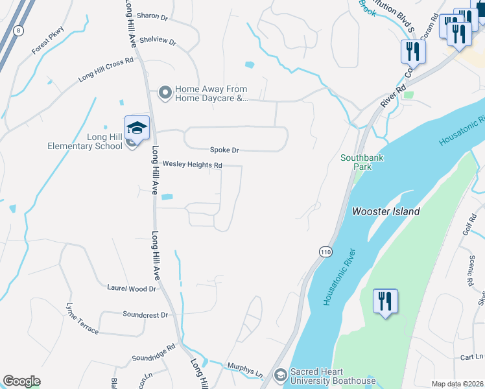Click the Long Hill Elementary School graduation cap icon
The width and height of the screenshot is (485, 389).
pos(137,128)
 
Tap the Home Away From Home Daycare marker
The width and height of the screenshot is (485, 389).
pos(165,94)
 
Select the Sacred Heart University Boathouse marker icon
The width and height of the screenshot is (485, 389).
pos(280,375)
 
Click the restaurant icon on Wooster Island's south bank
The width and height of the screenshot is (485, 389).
pos(385,301)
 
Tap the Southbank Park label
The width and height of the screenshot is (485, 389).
pos(356,161)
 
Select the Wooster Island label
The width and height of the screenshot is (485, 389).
pos(386,211)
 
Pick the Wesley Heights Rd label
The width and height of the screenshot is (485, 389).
pos(192,165)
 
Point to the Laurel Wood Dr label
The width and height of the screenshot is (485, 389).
pos(131,288)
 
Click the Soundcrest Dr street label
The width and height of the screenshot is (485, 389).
pos(145,314)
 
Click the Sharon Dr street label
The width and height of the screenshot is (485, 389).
pos(154,17)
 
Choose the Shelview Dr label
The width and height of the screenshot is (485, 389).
pos(158,41)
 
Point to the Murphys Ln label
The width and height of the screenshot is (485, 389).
pos(245,370)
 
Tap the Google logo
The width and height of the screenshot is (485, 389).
pos(21,381)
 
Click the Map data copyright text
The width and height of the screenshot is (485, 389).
pos(456,384)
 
